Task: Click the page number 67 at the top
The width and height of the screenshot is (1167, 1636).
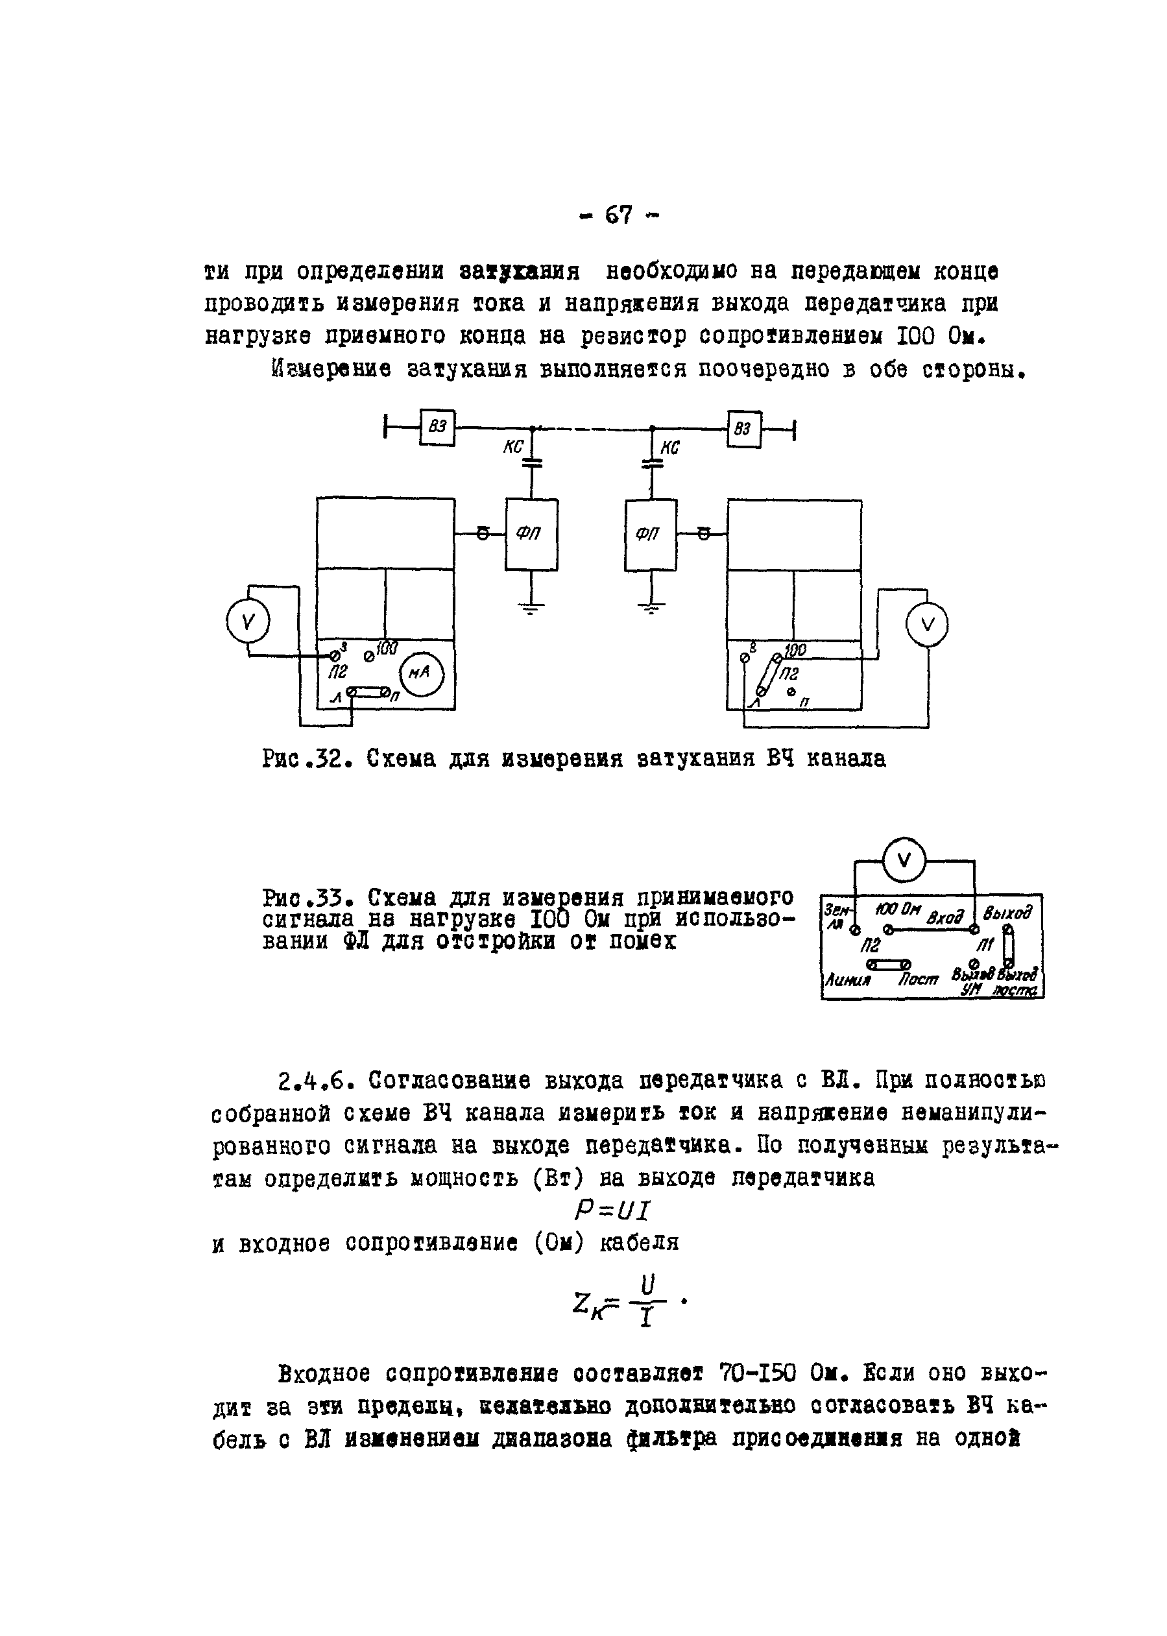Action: pos(618,215)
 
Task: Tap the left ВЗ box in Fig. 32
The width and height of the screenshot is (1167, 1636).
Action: pos(438,427)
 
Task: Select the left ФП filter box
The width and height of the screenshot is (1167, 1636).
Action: pos(531,535)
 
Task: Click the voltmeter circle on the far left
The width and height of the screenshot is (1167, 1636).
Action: pos(247,621)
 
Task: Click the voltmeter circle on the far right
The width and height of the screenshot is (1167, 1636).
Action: pos(926,625)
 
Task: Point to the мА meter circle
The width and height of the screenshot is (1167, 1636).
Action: pos(422,673)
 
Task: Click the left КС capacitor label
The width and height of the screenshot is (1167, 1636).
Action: pos(513,447)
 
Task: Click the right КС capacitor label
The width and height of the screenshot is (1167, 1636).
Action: pos(669,448)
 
